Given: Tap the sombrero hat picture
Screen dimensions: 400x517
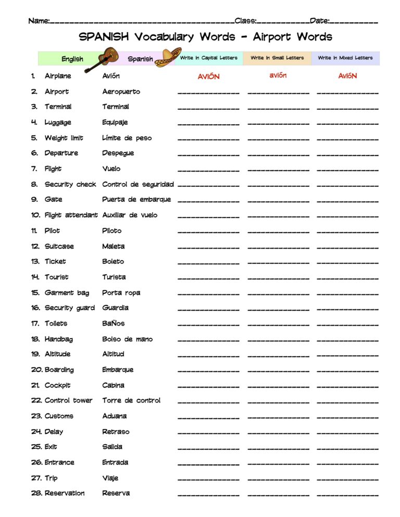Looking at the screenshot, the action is (169, 56).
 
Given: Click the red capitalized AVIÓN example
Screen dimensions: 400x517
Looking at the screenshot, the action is (208, 76).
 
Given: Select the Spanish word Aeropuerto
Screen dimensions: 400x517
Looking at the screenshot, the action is (121, 92).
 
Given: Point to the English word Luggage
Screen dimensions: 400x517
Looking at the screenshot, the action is (58, 123).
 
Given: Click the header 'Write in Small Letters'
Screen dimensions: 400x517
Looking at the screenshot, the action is (277, 58).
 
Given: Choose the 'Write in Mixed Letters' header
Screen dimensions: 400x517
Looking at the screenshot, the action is (345, 58).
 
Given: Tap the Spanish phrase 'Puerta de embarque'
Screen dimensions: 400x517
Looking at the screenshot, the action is (136, 200).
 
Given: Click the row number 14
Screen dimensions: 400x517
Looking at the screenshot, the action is (35, 277).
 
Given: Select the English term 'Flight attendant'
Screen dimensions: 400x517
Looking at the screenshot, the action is (71, 215).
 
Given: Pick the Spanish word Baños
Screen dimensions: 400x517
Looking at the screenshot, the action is (114, 324).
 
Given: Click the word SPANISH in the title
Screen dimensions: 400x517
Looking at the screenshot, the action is (104, 37).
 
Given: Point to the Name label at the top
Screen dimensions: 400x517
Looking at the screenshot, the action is (39, 21).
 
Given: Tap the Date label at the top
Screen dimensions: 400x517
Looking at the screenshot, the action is (319, 21).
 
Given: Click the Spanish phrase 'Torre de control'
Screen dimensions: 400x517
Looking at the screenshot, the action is (131, 400).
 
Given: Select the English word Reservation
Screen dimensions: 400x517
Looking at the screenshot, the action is (65, 493).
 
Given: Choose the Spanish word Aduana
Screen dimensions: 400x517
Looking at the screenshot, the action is (114, 416).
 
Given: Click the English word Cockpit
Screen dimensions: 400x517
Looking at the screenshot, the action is (57, 385).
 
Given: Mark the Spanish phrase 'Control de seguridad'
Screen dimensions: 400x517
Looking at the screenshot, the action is (137, 185).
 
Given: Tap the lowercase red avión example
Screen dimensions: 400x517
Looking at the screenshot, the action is (278, 75).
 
